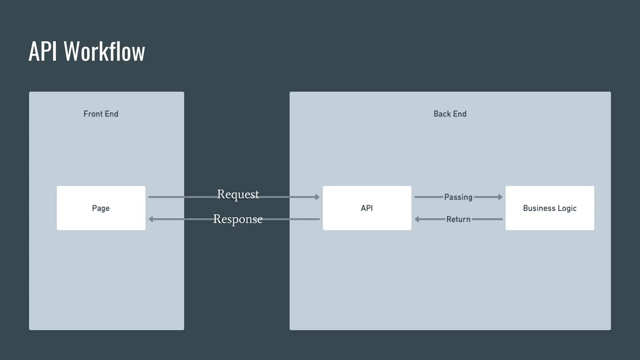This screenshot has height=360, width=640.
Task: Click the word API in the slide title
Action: pyautogui.click(x=43, y=52)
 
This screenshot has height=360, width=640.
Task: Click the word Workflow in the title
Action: pyautogui.click(x=104, y=52)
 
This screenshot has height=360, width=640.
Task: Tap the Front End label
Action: pyautogui.click(x=101, y=114)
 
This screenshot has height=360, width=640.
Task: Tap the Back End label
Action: pyautogui.click(x=450, y=114)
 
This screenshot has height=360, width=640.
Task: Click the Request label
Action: pyautogui.click(x=238, y=194)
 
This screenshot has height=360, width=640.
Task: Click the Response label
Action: pyautogui.click(x=238, y=219)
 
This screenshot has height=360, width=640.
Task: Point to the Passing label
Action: pyautogui.click(x=458, y=197)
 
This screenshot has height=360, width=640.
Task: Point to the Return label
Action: pyautogui.click(x=458, y=219)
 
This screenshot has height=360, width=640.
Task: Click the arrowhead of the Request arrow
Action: pyautogui.click(x=317, y=197)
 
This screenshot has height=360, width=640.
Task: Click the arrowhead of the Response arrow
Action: pyautogui.click(x=151, y=219)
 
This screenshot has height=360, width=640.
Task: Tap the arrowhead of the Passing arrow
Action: pyautogui.click(x=500, y=197)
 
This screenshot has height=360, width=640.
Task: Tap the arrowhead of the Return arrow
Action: pyautogui.click(x=417, y=219)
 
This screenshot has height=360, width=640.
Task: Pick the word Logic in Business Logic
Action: pyautogui.click(x=567, y=208)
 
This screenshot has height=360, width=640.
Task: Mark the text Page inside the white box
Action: pyautogui.click(x=101, y=208)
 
